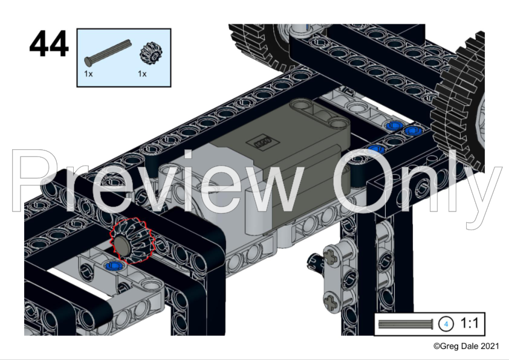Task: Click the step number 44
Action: [x=49, y=43]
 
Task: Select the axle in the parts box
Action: [x=108, y=53]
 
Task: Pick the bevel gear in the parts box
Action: [x=151, y=53]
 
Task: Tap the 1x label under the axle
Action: [x=88, y=74]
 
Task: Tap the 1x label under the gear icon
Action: [x=142, y=74]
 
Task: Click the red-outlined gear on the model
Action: [x=131, y=240]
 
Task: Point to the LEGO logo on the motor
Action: [x=261, y=143]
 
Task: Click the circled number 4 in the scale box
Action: [x=446, y=324]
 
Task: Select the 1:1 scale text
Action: [x=469, y=323]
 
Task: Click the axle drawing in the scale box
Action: [x=406, y=324]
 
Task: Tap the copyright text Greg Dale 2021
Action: [x=466, y=346]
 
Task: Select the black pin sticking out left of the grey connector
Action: [x=315, y=261]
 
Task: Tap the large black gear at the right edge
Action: [x=459, y=107]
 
